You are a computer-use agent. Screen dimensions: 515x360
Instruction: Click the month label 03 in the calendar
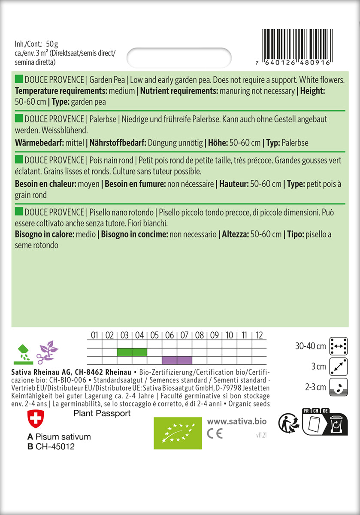click(124, 335)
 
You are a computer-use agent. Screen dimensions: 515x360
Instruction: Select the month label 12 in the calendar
click(259, 335)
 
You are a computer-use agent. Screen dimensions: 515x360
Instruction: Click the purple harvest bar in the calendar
click(177, 360)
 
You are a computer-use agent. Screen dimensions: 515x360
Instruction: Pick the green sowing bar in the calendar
click(132, 352)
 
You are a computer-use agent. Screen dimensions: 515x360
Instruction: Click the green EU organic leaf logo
click(178, 432)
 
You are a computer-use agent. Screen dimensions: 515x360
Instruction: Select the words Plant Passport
click(102, 413)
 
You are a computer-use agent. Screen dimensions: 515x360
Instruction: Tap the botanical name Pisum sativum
click(63, 437)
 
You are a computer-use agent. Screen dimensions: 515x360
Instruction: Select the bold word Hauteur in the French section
click(232, 184)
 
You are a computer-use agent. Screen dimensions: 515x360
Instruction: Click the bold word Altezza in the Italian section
click(234, 234)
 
